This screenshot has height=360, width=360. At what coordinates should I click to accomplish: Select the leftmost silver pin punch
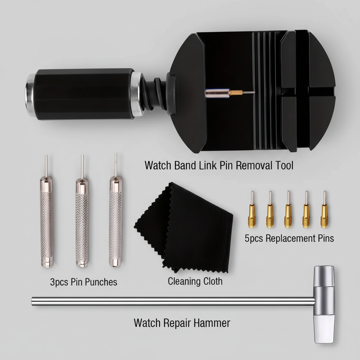coord(46,221)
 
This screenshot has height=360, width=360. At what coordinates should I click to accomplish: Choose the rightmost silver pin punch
coord(115,221)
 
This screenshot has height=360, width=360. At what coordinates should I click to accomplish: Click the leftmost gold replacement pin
coord(252,214)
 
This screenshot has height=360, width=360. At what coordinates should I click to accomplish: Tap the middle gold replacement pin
coord(288,214)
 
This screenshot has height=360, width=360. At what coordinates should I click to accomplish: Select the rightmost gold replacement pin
coord(324,214)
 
